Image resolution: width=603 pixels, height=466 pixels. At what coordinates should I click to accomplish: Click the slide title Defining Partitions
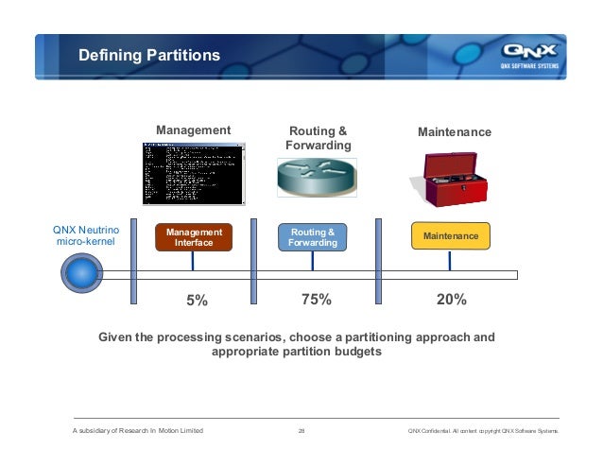tap(148, 57)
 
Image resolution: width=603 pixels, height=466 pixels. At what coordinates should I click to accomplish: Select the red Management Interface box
tap(194, 237)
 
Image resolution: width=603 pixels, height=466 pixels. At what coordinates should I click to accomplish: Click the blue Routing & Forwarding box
tap(313, 237)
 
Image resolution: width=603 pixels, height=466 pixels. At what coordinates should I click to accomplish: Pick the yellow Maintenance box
tap(451, 235)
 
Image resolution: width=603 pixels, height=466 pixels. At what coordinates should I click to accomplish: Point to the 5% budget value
tap(196, 301)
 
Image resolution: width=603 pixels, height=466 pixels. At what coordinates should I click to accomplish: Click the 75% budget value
tap(316, 300)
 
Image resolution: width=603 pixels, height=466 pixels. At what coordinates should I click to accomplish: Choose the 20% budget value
tap(452, 300)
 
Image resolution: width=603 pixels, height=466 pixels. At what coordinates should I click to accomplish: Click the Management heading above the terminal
tap(193, 129)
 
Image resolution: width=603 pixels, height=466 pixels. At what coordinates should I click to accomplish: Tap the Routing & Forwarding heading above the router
tap(318, 138)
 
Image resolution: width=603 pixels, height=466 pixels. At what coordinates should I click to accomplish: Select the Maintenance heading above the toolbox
tap(455, 131)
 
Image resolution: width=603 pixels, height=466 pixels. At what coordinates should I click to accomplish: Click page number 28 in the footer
tap(301, 432)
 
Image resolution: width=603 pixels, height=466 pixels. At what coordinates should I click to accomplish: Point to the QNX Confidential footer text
tap(482, 432)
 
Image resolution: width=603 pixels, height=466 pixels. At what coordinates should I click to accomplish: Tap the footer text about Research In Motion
tap(138, 432)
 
